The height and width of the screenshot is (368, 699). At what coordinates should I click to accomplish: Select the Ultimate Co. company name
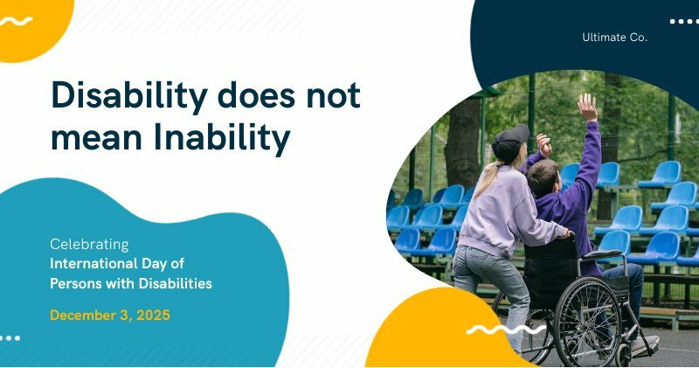614,38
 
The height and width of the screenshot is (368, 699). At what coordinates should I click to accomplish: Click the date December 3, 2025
110,315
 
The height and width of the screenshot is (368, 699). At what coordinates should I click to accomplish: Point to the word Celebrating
89,244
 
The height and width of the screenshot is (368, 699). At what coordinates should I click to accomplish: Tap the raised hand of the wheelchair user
587,107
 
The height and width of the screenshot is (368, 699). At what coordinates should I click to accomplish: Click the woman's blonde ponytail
489,179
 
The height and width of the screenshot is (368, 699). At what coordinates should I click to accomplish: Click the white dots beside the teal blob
10,337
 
